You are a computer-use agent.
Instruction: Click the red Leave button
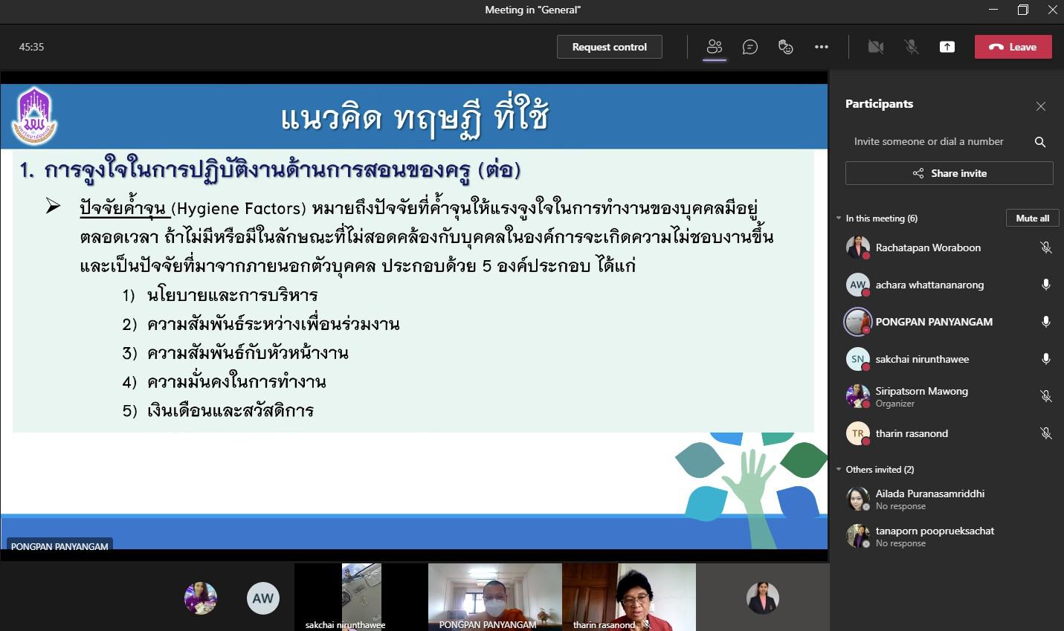pyautogui.click(x=1013, y=47)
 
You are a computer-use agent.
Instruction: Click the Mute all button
pyautogui.click(x=1032, y=219)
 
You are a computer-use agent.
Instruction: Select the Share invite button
pyautogui.click(x=949, y=173)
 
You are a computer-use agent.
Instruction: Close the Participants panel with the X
pyautogui.click(x=1041, y=106)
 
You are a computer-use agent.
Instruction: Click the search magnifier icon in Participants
pyautogui.click(x=1039, y=141)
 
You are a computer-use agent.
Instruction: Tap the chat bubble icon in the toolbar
pyautogui.click(x=749, y=47)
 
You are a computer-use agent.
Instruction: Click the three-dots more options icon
pyautogui.click(x=822, y=47)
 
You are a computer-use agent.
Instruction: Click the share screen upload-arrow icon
pyautogui.click(x=947, y=47)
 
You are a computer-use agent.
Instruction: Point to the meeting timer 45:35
pyautogui.click(x=31, y=47)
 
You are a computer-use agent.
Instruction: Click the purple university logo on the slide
pyautogui.click(x=34, y=116)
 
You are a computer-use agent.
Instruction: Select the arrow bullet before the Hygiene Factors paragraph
pyautogui.click(x=54, y=206)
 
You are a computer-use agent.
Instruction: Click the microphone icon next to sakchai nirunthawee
pyautogui.click(x=1045, y=359)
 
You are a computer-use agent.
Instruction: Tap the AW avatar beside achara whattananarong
pyautogui.click(x=857, y=285)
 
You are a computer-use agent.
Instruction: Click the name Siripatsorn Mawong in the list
pyautogui.click(x=921, y=391)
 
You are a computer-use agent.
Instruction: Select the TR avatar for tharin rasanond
pyautogui.click(x=857, y=433)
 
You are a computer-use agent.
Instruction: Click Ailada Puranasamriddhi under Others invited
pyautogui.click(x=929, y=494)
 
